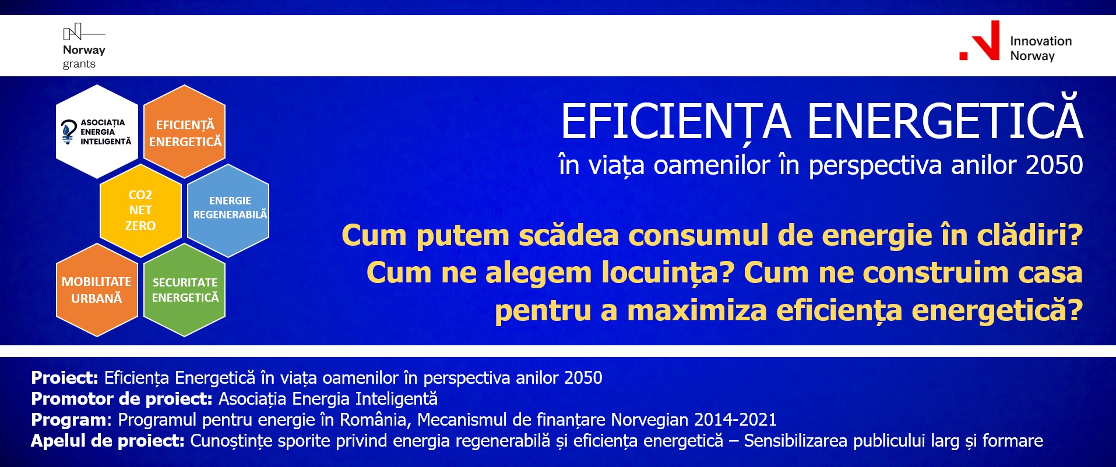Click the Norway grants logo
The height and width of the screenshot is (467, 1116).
pyautogui.click(x=84, y=47)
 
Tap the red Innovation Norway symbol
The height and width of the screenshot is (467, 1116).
pyautogui.click(x=980, y=40)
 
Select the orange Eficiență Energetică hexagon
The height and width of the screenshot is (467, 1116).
pyautogui.click(x=185, y=132)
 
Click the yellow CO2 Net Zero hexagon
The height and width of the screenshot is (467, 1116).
pyautogui.click(x=140, y=210)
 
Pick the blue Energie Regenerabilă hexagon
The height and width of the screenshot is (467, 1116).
pyautogui.click(x=228, y=210)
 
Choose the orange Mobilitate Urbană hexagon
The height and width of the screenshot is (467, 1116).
pyautogui.click(x=97, y=290)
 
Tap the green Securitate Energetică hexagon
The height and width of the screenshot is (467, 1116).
pyautogui.click(x=185, y=290)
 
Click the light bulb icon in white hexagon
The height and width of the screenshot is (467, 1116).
pyautogui.click(x=69, y=132)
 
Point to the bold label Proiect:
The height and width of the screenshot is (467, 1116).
pyautogui.click(x=65, y=378)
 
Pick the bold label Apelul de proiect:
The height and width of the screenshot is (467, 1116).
pyautogui.click(x=108, y=441)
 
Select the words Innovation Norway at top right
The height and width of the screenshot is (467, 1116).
pyautogui.click(x=1041, y=48)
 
